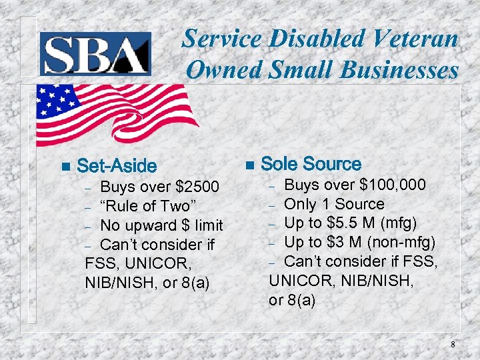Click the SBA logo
point(95,53)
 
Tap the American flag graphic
point(113,113)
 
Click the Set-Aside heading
point(117,166)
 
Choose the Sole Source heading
point(311,164)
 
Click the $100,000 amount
point(393,185)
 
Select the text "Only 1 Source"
point(335,204)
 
